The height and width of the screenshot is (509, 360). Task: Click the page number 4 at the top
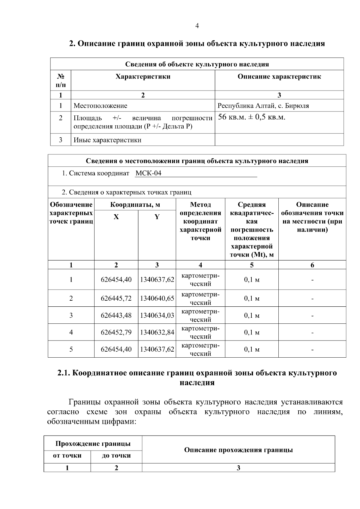(197, 26)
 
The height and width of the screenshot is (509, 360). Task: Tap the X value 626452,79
(116, 332)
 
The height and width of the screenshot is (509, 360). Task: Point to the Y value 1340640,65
(157, 298)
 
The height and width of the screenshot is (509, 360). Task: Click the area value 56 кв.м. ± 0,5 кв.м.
(251, 117)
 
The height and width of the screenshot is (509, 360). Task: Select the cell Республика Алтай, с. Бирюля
(263, 106)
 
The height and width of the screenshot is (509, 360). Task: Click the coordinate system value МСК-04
(148, 173)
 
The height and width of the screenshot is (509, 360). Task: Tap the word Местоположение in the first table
(100, 106)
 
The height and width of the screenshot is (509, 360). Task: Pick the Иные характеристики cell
(107, 140)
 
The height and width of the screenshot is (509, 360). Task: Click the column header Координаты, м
(135, 205)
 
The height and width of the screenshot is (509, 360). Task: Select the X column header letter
(116, 217)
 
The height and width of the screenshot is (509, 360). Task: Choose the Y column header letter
(157, 217)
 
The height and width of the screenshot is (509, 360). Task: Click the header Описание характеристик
(279, 77)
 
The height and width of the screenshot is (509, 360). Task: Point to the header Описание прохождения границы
(238, 450)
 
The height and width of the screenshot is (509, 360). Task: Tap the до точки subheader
(116, 456)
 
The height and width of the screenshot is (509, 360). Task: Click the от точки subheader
(67, 456)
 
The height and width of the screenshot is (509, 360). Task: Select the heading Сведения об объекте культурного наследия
(197, 64)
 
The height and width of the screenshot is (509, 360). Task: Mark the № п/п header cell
(61, 80)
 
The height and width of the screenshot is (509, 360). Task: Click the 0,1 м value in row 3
(251, 315)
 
